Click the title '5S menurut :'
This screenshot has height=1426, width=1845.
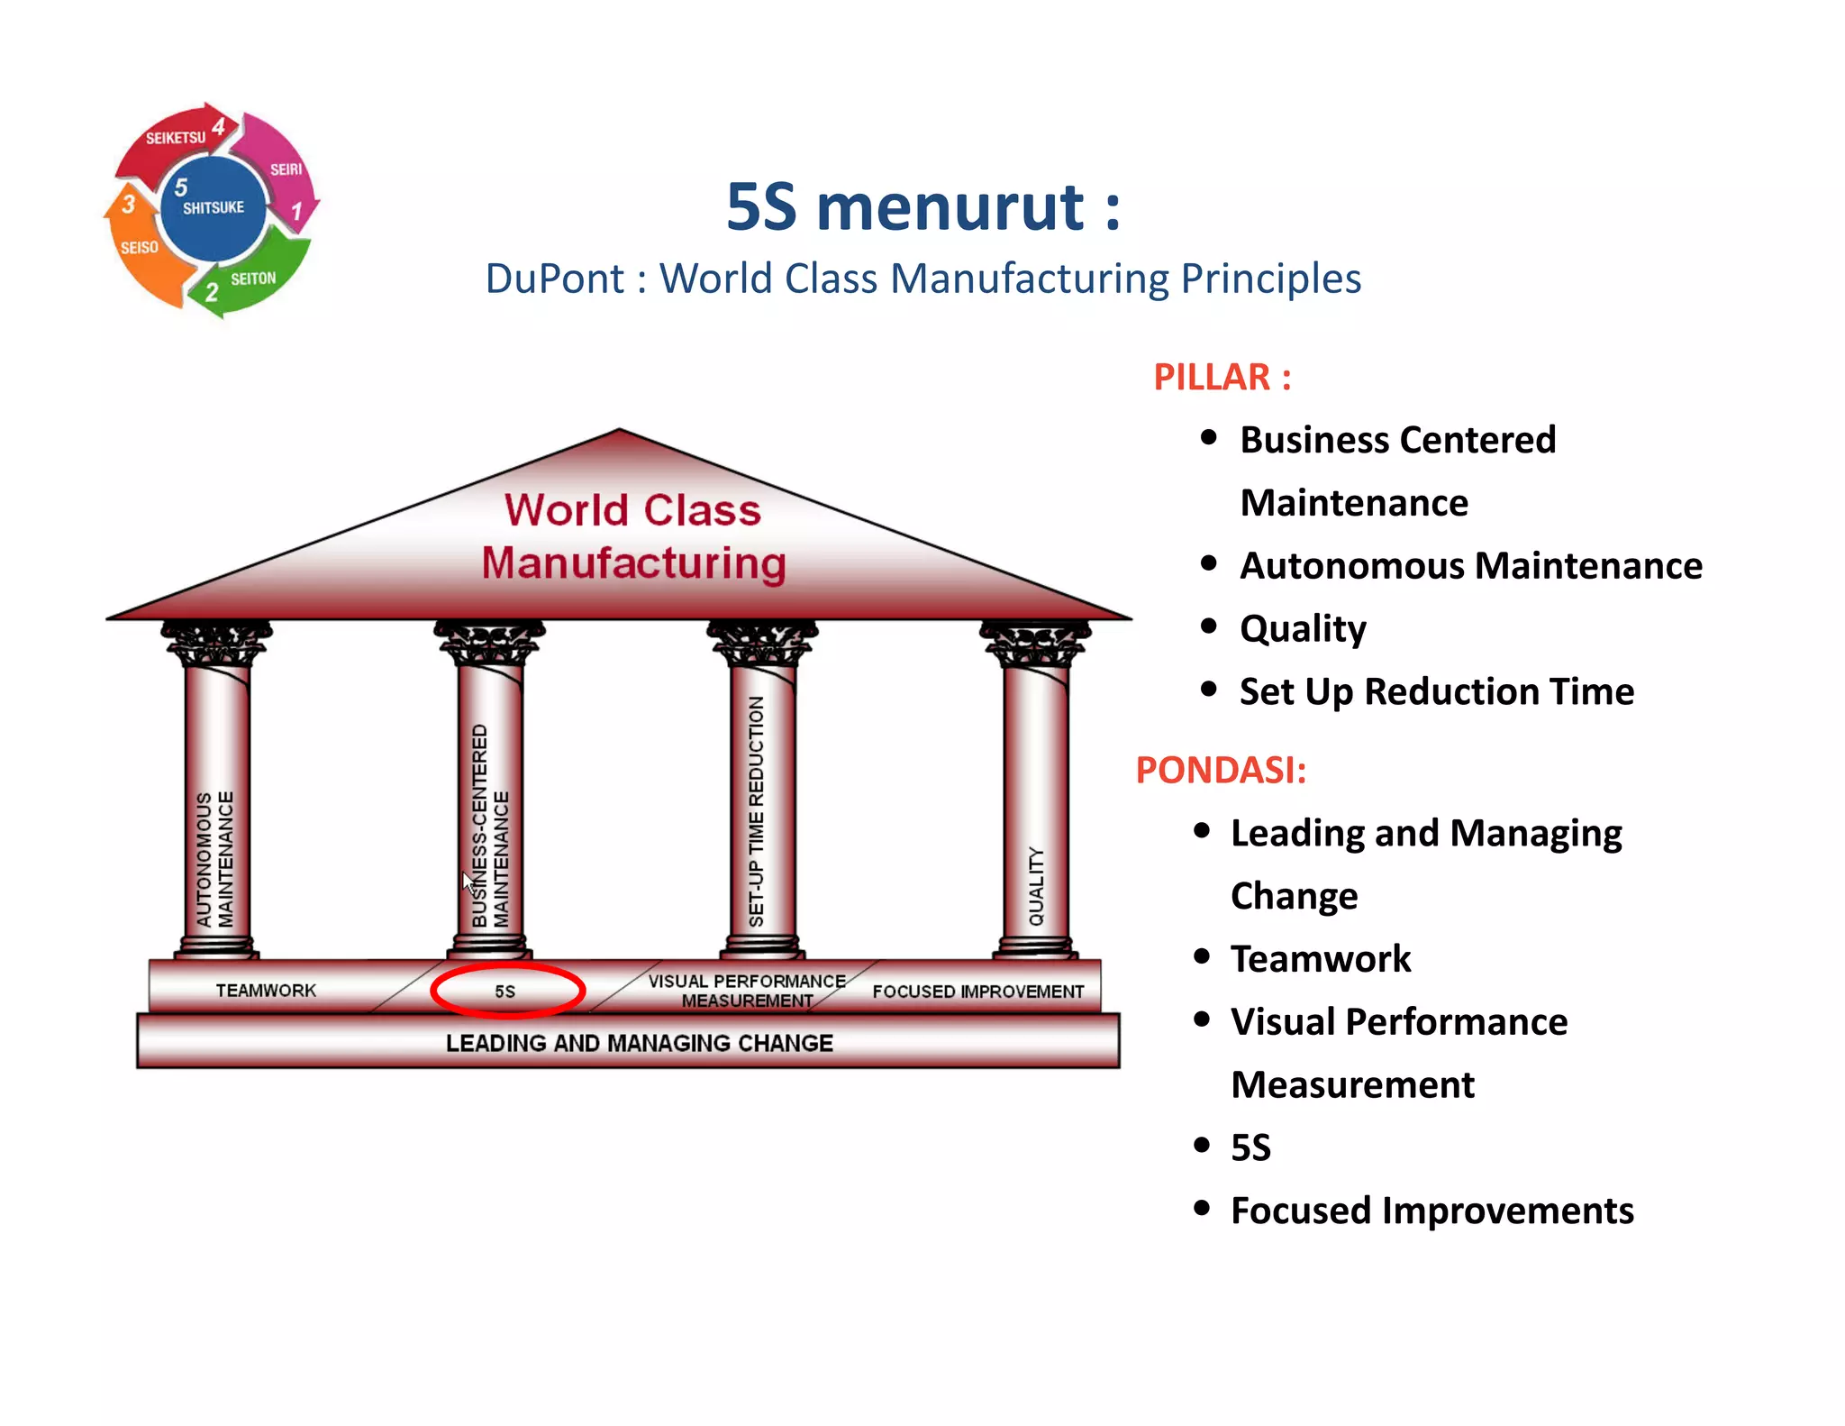tap(922, 207)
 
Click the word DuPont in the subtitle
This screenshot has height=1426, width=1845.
tap(554, 279)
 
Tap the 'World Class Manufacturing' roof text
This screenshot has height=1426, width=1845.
tap(633, 536)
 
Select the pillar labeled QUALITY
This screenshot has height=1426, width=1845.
tap(1036, 811)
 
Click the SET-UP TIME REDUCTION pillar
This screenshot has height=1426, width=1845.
tap(762, 811)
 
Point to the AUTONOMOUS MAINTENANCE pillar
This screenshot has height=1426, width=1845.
tap(216, 811)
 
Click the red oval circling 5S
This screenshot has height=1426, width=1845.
tap(508, 991)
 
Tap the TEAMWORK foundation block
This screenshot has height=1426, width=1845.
tap(266, 990)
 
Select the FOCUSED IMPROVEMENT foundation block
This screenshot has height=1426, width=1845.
tap(977, 991)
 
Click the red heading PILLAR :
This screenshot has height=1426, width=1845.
tap(1222, 377)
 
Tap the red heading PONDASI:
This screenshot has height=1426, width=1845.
tap(1220, 770)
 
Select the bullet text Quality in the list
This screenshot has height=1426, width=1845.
tap(1303, 628)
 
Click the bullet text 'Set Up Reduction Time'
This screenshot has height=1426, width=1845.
tap(1436, 691)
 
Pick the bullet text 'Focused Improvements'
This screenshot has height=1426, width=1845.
tap(1431, 1211)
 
